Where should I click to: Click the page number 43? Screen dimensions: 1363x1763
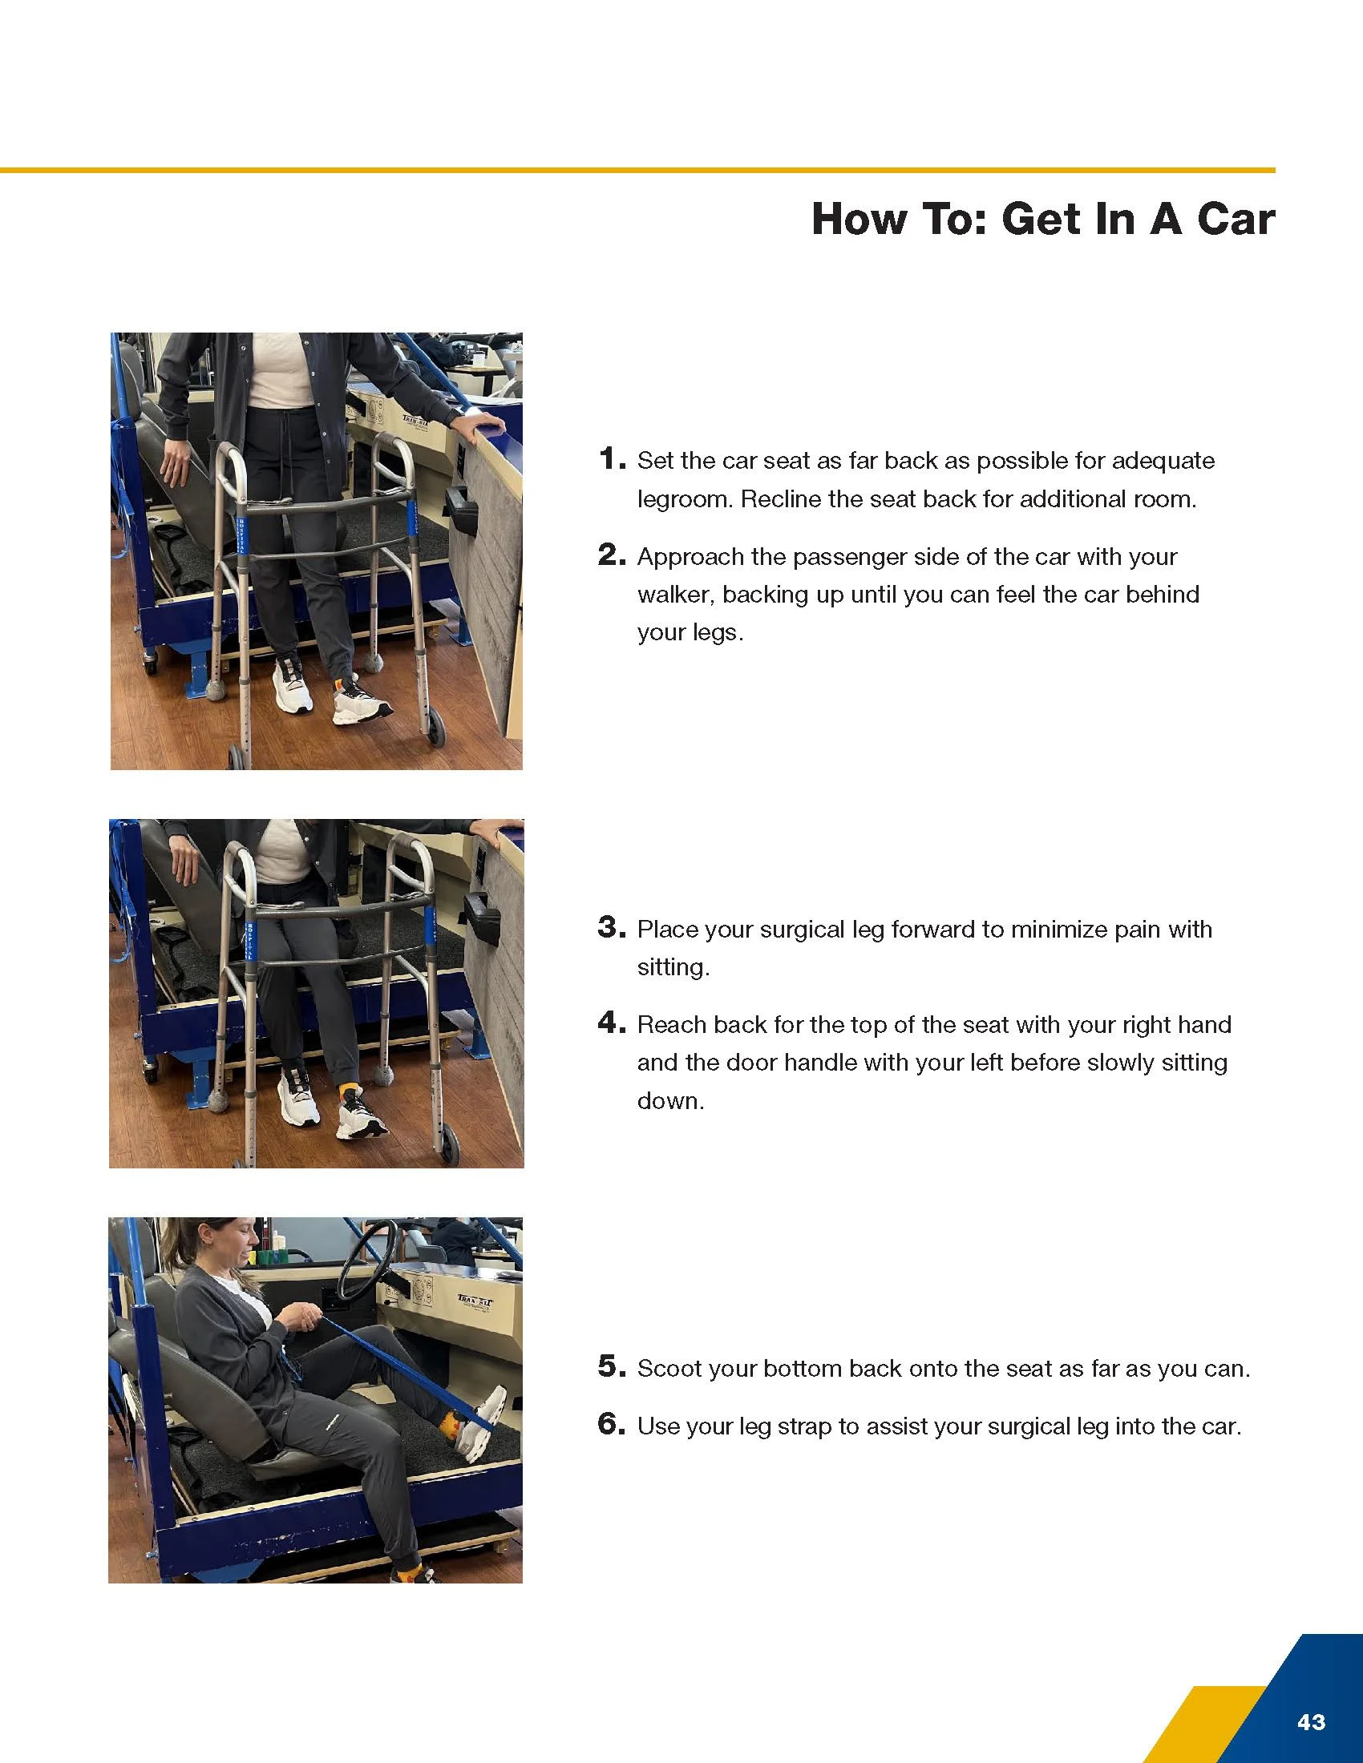1312,1721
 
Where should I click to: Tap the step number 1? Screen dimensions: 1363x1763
612,458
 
